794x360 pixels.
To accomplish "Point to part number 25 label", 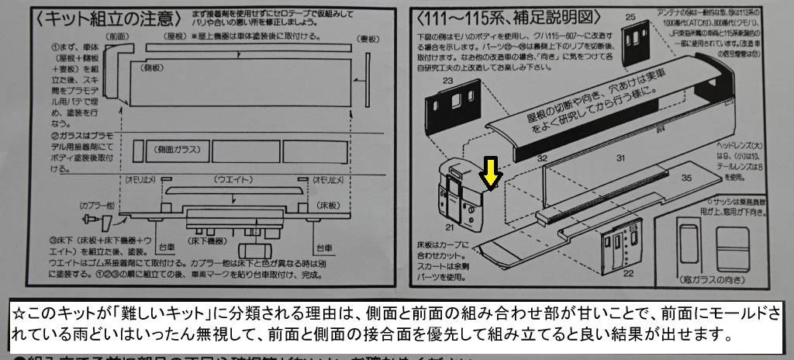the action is click(630, 16).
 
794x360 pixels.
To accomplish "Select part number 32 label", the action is click(543, 158).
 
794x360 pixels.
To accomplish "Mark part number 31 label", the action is click(620, 158).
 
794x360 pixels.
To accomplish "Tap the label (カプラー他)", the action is click(97, 205).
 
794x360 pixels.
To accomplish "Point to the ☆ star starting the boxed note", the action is click(21, 315).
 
